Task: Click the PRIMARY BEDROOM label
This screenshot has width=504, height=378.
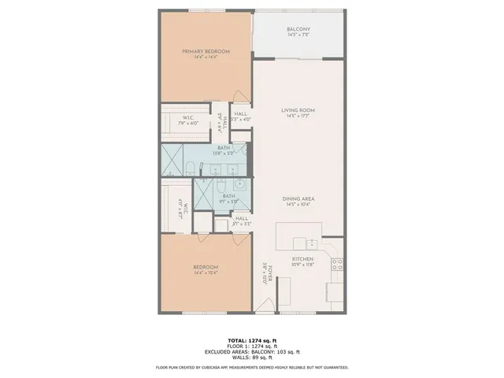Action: [x=200, y=52]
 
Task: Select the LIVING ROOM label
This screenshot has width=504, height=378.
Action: [x=298, y=110]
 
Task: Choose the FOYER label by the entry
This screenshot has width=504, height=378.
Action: [x=269, y=275]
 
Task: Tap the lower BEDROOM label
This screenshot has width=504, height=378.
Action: [x=206, y=268]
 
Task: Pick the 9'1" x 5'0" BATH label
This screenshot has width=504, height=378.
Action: [x=229, y=197]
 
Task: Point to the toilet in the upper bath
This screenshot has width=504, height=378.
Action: [x=192, y=165]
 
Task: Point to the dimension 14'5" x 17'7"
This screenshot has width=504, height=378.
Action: [x=298, y=117]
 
